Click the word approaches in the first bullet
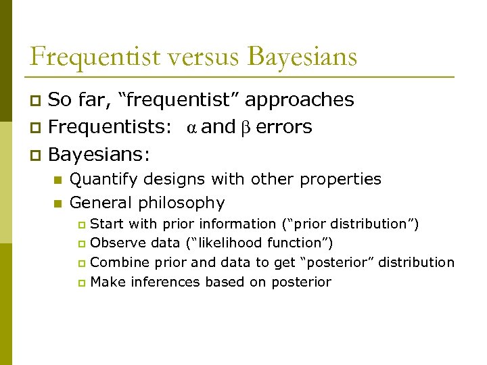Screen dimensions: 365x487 [300, 100]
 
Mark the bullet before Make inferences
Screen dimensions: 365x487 [82, 283]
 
